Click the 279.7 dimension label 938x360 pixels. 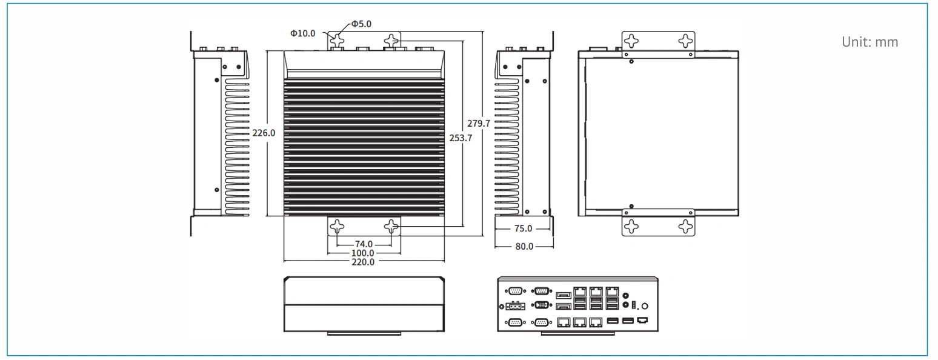coord(479,124)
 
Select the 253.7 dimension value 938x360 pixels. coord(461,138)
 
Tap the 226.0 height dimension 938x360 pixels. coord(264,133)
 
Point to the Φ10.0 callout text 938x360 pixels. coord(303,33)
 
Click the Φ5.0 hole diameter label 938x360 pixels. coord(361,24)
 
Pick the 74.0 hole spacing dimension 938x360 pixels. coord(364,244)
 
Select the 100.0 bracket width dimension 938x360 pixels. coord(362,253)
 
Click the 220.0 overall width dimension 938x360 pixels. coord(363,262)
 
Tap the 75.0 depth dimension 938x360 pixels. coord(523,228)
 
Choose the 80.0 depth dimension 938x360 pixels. coord(524,247)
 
